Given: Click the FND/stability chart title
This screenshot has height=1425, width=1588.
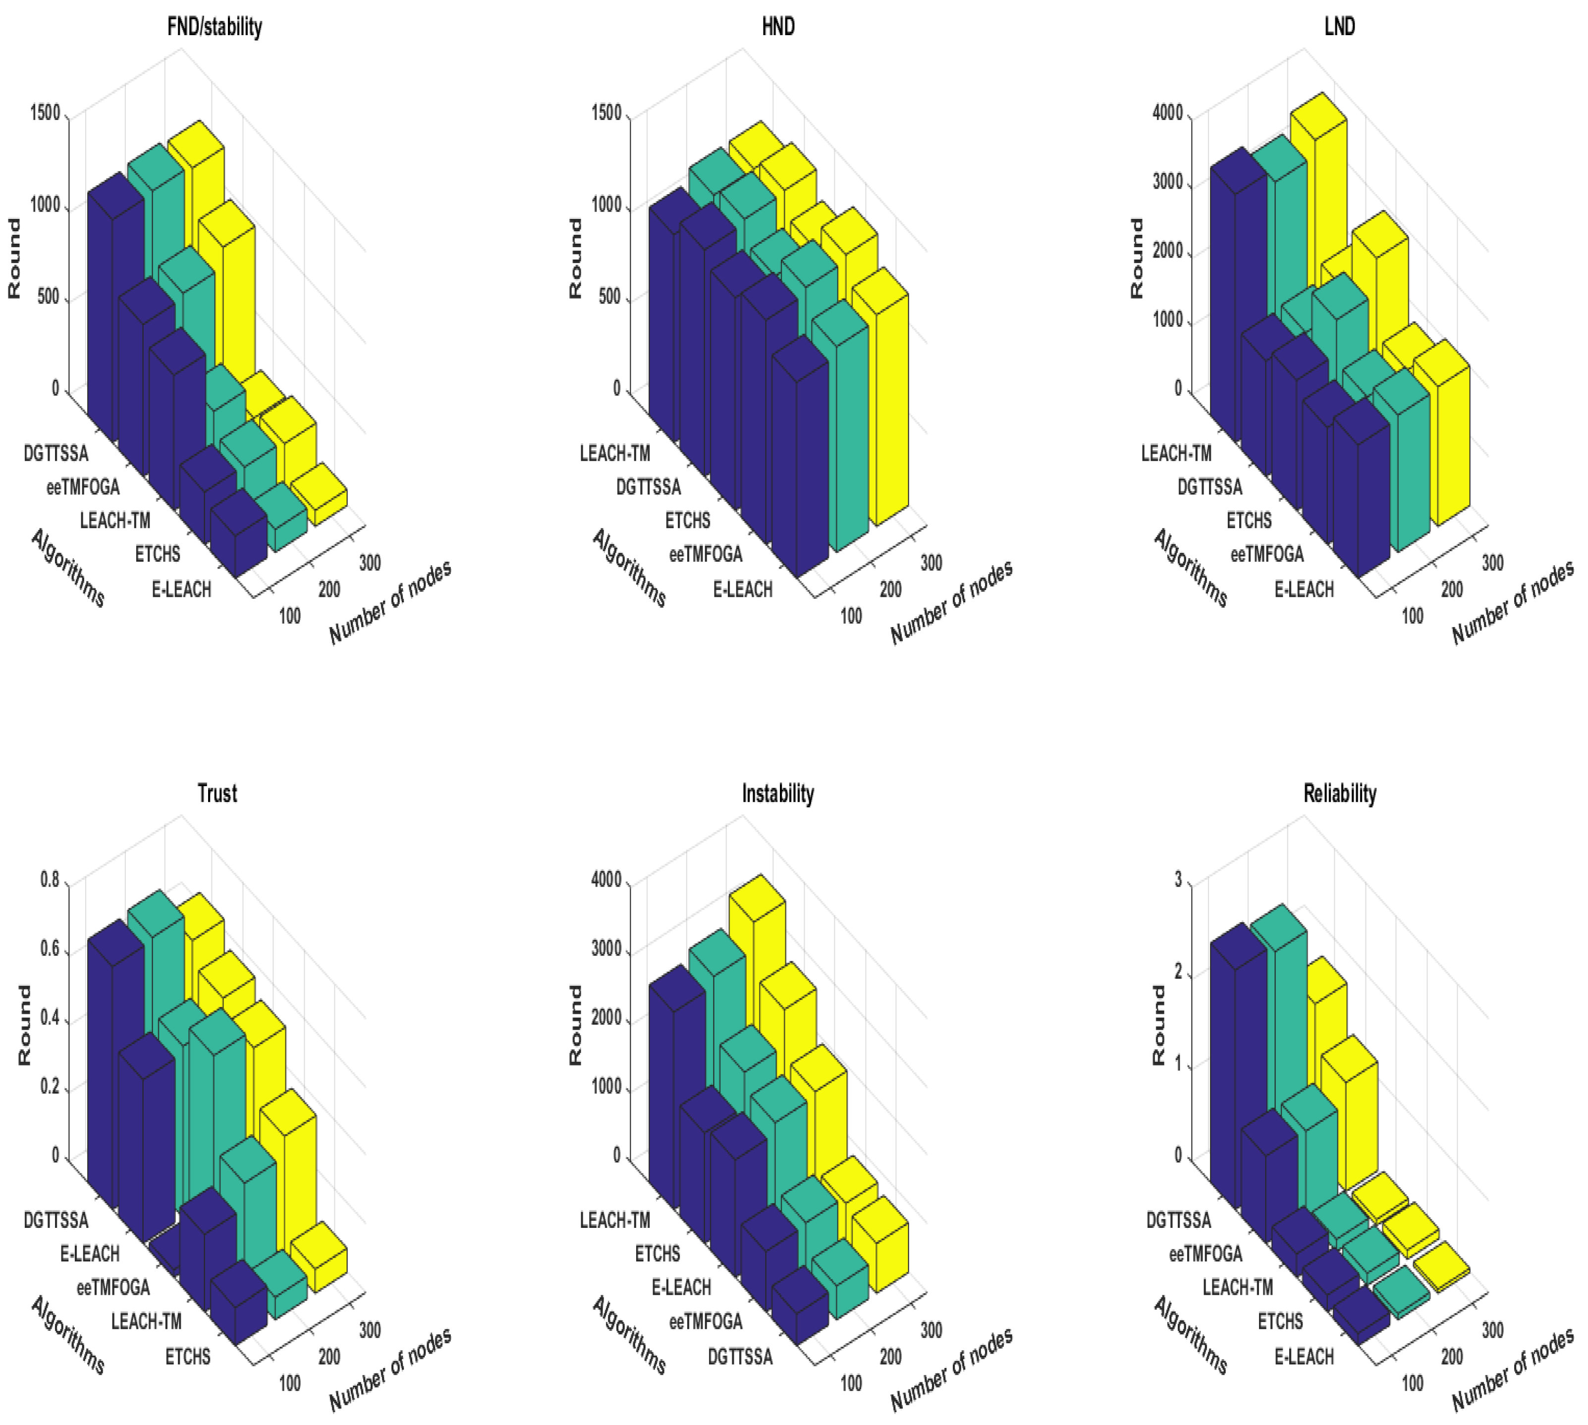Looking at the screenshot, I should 215,27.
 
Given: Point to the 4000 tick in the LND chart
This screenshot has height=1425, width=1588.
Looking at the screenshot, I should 1167,113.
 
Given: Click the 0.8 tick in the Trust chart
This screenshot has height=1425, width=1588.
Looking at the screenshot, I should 50,881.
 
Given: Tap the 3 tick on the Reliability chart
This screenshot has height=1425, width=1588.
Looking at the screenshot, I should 1178,881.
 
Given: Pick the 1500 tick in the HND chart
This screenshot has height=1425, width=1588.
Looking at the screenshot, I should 606,113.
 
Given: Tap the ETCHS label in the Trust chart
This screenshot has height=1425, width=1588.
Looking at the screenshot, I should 187,1356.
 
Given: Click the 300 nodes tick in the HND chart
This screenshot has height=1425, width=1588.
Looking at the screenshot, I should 931,563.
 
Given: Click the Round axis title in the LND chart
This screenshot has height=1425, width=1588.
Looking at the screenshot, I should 1136,259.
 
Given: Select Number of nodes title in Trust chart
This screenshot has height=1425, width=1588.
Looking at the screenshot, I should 390,1370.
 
